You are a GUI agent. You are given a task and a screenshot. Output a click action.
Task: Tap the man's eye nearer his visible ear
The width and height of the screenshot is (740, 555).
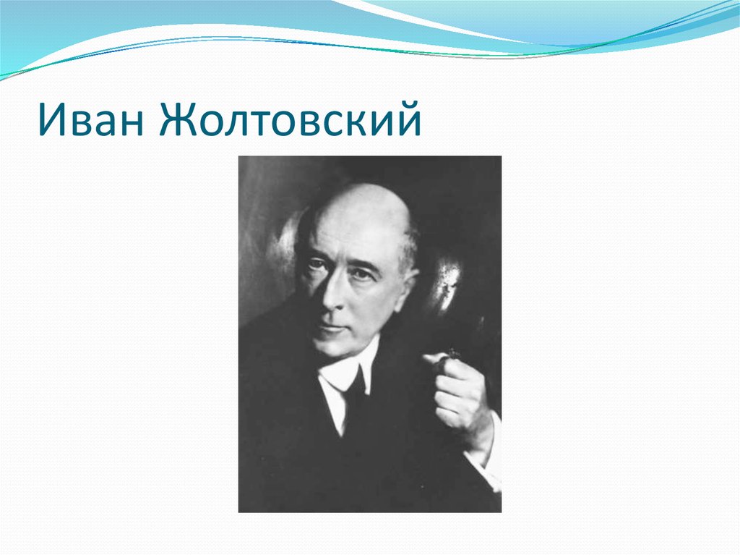[361, 273]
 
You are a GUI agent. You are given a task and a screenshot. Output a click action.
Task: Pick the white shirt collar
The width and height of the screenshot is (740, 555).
[334, 376]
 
